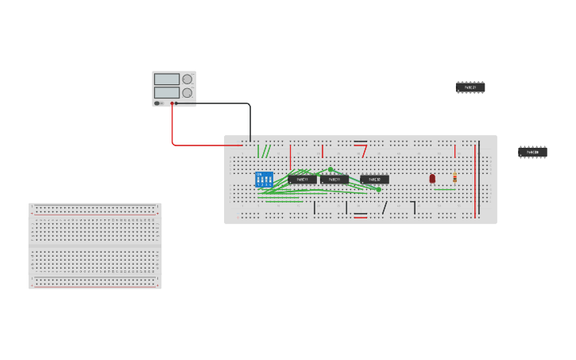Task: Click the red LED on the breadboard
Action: coord(432,179)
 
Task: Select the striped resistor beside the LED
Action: coord(454,178)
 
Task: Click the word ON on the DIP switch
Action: coord(259,174)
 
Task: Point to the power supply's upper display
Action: coord(167,79)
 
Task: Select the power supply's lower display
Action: coord(167,93)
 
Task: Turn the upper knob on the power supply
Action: coord(187,79)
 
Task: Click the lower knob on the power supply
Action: coord(187,93)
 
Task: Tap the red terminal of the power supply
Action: coord(172,103)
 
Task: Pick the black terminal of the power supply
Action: coord(176,103)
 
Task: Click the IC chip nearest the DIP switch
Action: coord(302,180)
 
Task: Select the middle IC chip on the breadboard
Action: coord(334,180)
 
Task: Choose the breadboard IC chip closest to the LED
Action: coord(374,180)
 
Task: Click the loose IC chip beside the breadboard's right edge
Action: coord(532,152)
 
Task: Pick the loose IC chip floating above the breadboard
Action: coord(470,87)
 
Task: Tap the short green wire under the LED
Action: coord(445,189)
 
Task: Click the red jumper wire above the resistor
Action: coord(454,151)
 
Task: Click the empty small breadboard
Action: coord(95,246)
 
